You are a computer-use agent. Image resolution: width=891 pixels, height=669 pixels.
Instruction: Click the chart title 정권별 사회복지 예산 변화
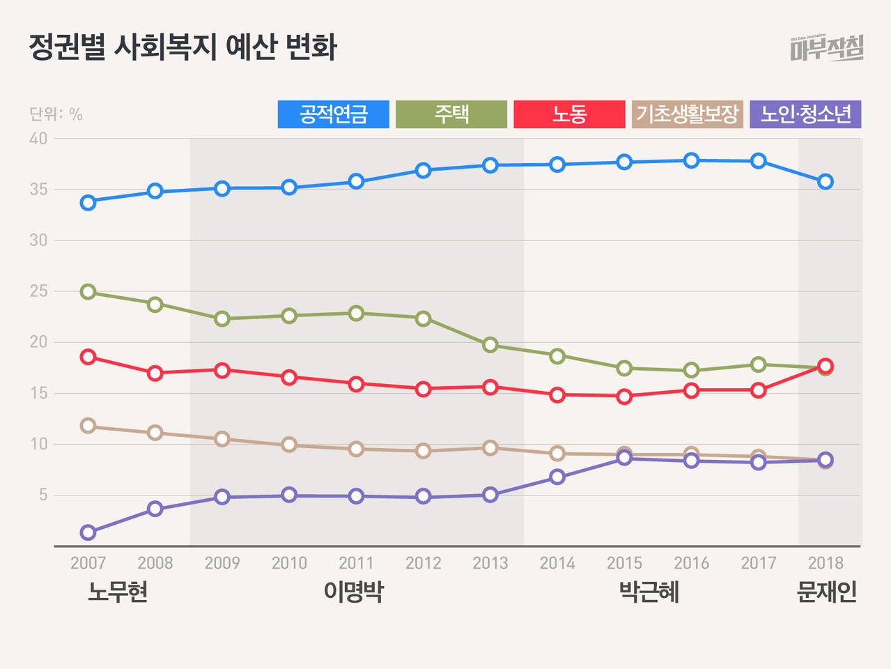(x=183, y=47)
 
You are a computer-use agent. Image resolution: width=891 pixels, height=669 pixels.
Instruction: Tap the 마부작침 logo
(x=827, y=48)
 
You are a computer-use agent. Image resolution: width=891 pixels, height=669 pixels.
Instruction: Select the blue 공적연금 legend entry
(x=333, y=114)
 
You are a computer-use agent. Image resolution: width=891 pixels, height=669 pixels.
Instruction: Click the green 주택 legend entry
(x=451, y=114)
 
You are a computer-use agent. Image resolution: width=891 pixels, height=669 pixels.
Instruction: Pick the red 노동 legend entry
(x=569, y=114)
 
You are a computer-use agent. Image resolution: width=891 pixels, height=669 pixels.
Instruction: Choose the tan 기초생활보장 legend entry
(x=687, y=114)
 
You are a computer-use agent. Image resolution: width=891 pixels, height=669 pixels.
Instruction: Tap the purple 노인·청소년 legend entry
(x=805, y=114)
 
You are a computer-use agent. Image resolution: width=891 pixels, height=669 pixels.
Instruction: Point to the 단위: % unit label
(x=56, y=114)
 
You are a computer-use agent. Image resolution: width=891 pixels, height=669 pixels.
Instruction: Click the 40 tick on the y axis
(x=38, y=139)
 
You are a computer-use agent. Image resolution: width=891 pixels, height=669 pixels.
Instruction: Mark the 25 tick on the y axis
(x=38, y=291)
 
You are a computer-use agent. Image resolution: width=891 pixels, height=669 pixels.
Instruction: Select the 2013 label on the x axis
(x=490, y=563)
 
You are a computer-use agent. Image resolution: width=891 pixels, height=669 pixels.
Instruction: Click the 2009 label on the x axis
(x=222, y=563)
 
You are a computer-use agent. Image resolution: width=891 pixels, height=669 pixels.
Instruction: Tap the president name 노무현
(x=118, y=592)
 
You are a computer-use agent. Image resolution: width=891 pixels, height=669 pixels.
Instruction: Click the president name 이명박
(x=353, y=592)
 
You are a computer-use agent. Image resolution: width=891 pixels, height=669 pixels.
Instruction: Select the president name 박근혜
(x=649, y=592)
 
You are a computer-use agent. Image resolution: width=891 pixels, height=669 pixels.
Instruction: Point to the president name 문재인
(x=826, y=592)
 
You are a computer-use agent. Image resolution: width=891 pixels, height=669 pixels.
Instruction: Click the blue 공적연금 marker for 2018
(x=826, y=182)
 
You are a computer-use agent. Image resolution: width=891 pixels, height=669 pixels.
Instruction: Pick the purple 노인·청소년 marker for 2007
(x=88, y=532)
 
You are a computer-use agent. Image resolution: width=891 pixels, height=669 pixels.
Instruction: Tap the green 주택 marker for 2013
(x=490, y=345)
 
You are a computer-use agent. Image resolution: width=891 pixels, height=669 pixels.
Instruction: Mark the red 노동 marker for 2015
(x=624, y=397)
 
